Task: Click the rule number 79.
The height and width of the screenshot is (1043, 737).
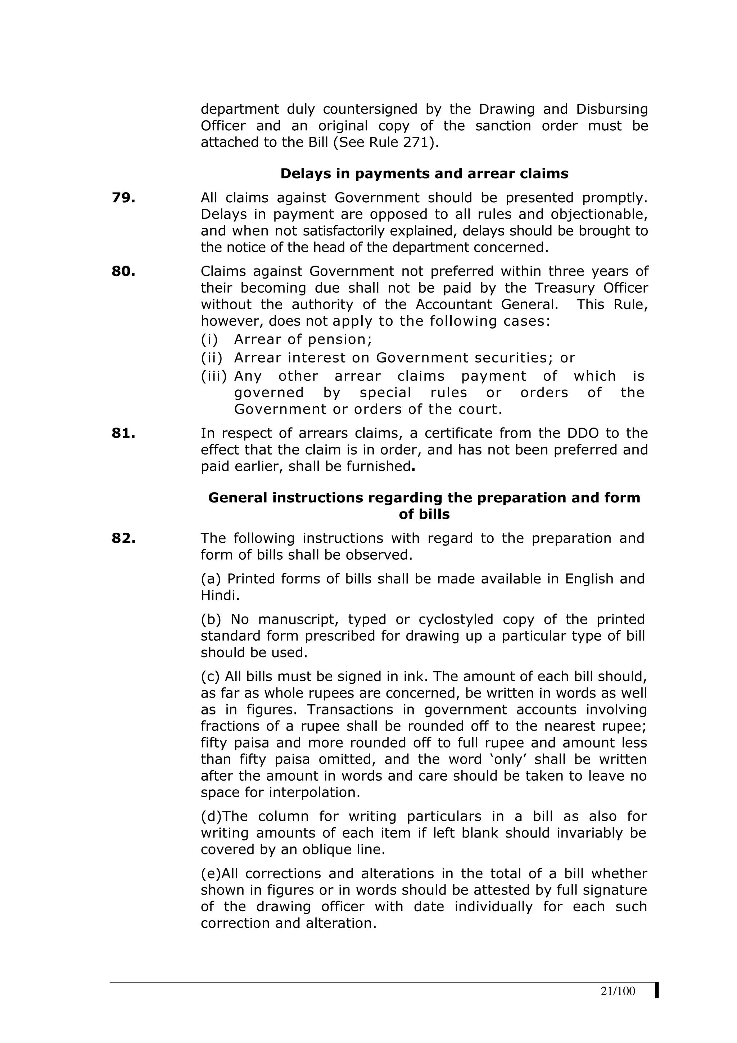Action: coord(123,198)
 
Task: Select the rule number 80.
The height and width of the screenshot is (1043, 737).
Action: coord(123,271)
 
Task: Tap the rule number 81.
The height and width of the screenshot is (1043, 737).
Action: coord(123,433)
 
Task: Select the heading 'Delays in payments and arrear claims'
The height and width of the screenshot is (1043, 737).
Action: coord(424,173)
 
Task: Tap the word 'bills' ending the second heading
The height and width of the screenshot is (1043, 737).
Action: coord(424,514)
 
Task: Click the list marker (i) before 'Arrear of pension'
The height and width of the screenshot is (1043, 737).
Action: coord(209,339)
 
